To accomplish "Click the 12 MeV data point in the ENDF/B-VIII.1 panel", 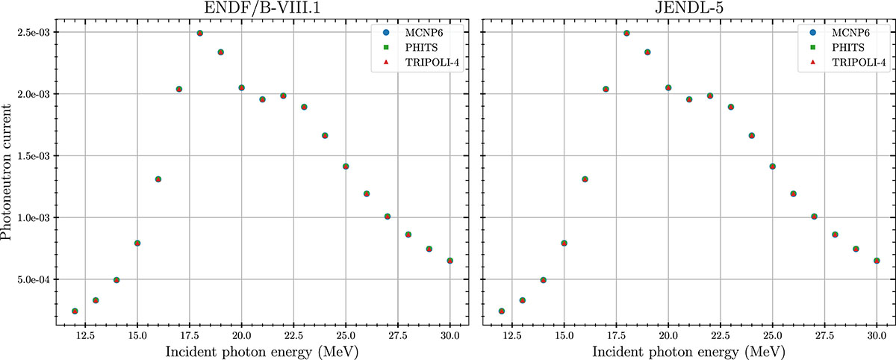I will pyautogui.click(x=75, y=311).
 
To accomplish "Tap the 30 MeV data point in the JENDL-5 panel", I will pyautogui.click(x=877, y=261).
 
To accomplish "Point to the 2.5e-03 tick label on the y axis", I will pyautogui.click(x=34, y=33).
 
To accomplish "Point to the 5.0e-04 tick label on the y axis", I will pyautogui.click(x=34, y=280).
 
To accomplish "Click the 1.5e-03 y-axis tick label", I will pyautogui.click(x=34, y=156).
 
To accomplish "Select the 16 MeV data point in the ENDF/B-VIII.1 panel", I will pyautogui.click(x=158, y=179).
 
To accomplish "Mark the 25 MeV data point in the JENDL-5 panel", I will pyautogui.click(x=772, y=167).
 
